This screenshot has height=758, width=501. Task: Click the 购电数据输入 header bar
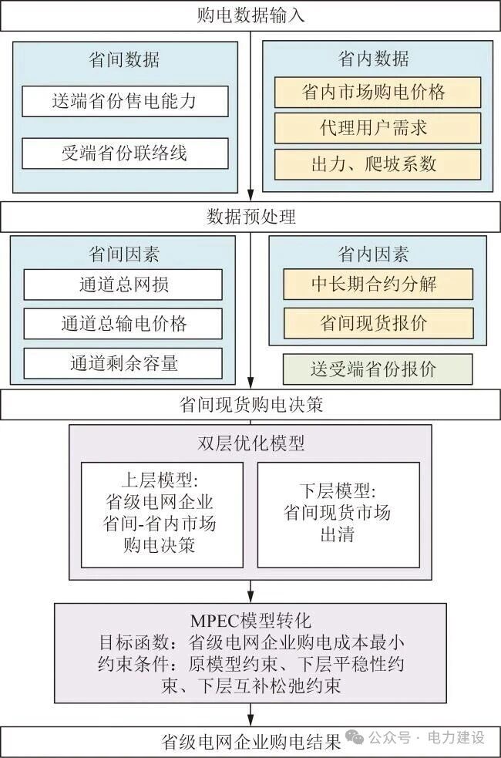[250, 15]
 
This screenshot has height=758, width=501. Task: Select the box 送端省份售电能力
[125, 101]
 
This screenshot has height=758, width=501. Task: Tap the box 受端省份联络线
[125, 153]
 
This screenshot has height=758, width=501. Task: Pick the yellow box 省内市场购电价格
[378, 93]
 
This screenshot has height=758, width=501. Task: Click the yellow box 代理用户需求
[378, 128]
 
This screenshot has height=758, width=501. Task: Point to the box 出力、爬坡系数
[378, 164]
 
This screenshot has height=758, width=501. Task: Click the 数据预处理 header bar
[250, 217]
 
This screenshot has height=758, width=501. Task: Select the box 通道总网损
[123, 285]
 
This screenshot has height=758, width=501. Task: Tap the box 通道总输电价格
[123, 324]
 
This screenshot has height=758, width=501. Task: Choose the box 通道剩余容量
[123, 363]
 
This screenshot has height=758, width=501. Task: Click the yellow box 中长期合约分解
[378, 284]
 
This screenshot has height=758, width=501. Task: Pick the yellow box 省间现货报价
[378, 323]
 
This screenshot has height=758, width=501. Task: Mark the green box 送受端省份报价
[378, 369]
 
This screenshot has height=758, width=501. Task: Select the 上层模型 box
[162, 514]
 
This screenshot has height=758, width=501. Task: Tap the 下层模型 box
[338, 514]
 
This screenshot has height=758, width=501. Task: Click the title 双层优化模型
[250, 443]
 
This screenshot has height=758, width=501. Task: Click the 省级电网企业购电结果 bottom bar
[250, 742]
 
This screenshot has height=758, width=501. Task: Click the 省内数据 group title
[378, 59]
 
